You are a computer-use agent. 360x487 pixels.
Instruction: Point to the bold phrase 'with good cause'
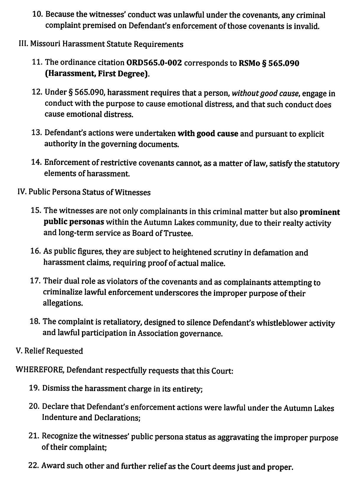[208, 134]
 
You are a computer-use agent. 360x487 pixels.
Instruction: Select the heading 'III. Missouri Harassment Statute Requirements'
[101, 45]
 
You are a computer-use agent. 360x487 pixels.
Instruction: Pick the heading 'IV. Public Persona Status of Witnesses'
[84, 192]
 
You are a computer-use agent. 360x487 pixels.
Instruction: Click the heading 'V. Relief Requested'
[50, 351]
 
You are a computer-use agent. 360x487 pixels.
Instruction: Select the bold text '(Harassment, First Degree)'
[97, 73]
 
